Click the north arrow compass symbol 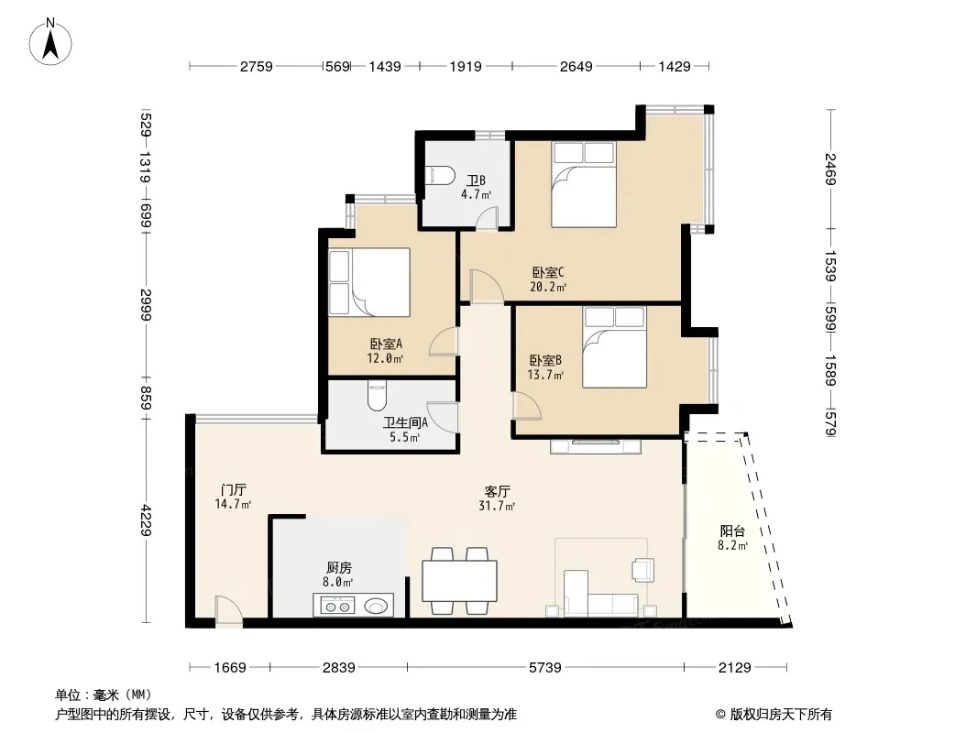click(x=50, y=42)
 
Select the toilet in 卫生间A click(x=377, y=396)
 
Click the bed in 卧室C click(x=583, y=184)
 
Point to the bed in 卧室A click(x=369, y=282)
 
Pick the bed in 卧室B click(x=614, y=347)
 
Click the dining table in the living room click(x=459, y=580)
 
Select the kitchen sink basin click(x=376, y=606)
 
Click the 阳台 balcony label click(x=732, y=531)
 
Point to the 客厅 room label click(x=497, y=491)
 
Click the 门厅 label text click(x=233, y=489)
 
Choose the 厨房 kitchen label click(x=339, y=567)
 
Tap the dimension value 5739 click(x=545, y=668)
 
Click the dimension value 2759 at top click(x=257, y=66)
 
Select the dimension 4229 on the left click(x=145, y=520)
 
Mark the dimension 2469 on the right click(x=830, y=169)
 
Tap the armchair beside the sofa click(x=643, y=569)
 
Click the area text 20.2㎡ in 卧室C click(x=548, y=287)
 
